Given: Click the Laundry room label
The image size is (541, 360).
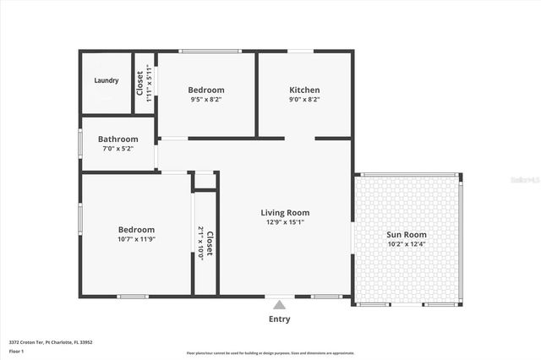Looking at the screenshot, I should (x=107, y=81).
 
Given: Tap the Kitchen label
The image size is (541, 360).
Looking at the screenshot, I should (x=305, y=90).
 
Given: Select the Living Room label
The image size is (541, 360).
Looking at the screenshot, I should (x=285, y=213).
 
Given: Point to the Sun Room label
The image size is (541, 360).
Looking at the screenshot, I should (x=407, y=235).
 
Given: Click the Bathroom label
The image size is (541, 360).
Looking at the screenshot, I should (x=117, y=139).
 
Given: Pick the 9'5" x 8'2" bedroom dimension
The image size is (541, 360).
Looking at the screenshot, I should (x=205, y=100).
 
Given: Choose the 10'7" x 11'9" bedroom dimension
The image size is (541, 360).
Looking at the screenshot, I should (x=136, y=239).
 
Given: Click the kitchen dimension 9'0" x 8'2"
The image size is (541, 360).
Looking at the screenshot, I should (x=305, y=100).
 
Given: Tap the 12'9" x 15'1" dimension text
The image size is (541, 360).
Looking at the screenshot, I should (x=285, y=222).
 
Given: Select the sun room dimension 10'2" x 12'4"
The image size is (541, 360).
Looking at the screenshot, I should (x=407, y=244).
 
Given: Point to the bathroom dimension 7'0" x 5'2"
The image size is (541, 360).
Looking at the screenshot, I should (x=117, y=149).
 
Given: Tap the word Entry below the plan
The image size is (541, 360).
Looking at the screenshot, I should (x=280, y=319).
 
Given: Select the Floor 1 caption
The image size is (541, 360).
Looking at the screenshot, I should (x=16, y=350).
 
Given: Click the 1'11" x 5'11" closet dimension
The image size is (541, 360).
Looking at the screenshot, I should (x=150, y=84).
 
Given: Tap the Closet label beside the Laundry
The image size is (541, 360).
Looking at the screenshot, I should (x=140, y=84).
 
